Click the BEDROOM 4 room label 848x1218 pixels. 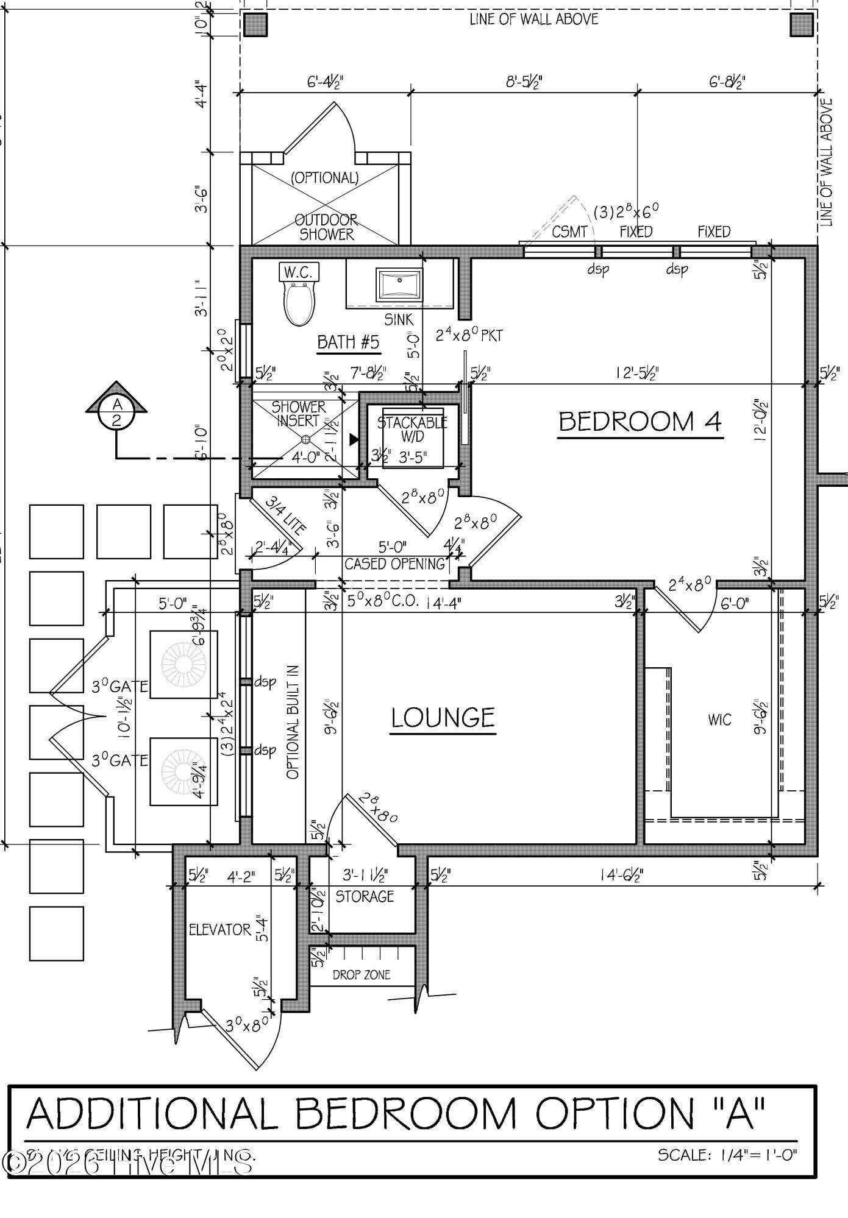640,422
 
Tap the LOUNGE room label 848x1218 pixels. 443,718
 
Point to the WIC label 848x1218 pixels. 719,720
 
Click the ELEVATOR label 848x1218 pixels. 219,930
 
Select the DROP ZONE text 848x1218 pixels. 361,975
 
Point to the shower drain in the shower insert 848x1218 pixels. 306,439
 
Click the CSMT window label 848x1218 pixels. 569,232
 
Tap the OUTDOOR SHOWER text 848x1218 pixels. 326,227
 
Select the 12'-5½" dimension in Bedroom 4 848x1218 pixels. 637,373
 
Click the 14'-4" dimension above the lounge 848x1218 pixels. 443,603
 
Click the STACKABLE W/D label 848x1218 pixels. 412,429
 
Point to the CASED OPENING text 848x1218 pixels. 395,564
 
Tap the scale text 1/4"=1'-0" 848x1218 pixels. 727,1155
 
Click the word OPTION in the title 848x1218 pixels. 615,1113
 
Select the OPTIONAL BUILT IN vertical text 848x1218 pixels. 293,723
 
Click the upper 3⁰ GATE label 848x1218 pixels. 120,687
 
